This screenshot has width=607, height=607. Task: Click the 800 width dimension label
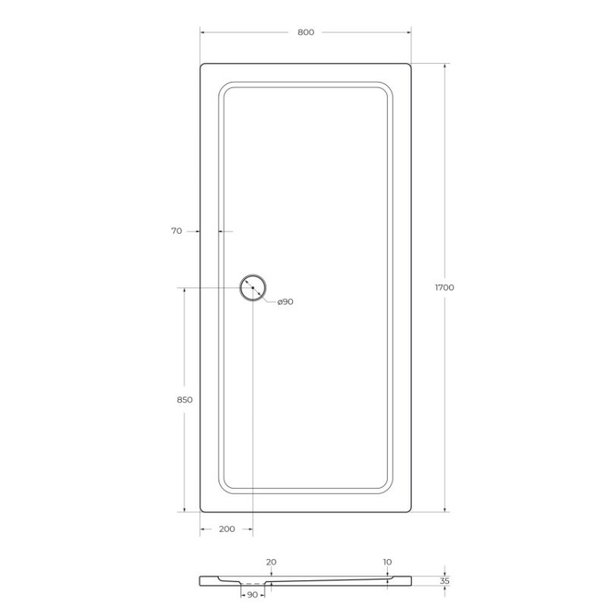click(x=305, y=32)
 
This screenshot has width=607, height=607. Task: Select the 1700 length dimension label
click(x=444, y=287)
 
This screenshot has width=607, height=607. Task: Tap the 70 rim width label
click(x=176, y=231)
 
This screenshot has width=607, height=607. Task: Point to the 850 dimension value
click(x=184, y=400)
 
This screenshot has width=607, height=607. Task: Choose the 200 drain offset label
click(x=227, y=528)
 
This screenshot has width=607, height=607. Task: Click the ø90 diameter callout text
click(x=285, y=301)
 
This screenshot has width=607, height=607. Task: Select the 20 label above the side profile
click(x=271, y=561)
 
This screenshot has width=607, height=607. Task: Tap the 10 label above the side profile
click(x=388, y=561)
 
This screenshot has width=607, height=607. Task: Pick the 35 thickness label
click(x=444, y=580)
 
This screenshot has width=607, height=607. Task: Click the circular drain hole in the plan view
click(x=253, y=288)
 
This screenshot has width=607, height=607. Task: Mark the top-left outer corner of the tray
click(x=202, y=65)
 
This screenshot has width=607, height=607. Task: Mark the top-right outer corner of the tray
click(x=410, y=65)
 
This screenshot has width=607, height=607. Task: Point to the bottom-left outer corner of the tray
click(x=202, y=511)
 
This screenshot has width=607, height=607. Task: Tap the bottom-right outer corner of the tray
click(x=410, y=511)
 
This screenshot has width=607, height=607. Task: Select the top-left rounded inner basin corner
click(x=224, y=87)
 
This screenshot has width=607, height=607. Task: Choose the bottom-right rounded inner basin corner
click(x=389, y=490)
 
